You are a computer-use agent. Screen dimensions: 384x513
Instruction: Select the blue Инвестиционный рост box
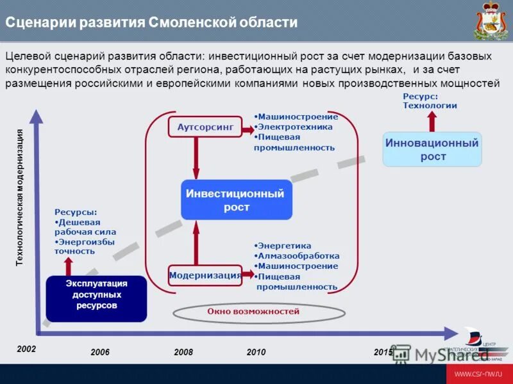coord(236,200)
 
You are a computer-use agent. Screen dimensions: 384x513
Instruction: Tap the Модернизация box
coord(205,275)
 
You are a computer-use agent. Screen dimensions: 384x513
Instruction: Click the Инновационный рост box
coord(432,150)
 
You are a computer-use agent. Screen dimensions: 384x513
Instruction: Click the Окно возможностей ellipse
coord(253,312)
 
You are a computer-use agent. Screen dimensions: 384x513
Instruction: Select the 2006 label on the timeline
coord(100,353)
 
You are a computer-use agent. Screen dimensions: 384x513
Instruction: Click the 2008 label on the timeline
coord(183,353)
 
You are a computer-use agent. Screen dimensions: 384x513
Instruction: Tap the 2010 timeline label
coord(256,353)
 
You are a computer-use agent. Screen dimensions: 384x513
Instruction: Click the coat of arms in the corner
coord(491,20)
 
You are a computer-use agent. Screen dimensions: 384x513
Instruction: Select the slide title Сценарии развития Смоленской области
coord(151,22)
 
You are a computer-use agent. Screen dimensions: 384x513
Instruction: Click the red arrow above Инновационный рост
coord(432,121)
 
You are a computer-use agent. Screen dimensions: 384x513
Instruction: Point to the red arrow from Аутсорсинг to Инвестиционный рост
coord(196,157)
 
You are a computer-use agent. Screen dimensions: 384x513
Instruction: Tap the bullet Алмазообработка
coord(298,255)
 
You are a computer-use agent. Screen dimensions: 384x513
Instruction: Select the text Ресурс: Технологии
coord(430,100)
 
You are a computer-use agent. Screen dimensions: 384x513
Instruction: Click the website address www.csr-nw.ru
coord(477,374)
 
